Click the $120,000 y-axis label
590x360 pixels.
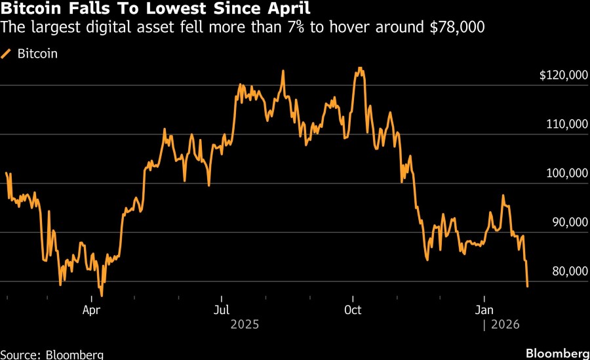[563, 75]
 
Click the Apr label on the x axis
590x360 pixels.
[91, 309]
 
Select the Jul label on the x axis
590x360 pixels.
[222, 309]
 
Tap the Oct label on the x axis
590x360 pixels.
[353, 309]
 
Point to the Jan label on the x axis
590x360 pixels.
[484, 309]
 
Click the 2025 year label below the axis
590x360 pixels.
[245, 324]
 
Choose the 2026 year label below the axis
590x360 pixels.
[504, 324]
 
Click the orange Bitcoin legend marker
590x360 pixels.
[7, 54]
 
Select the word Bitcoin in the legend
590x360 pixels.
[37, 54]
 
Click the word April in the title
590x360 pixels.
[288, 10]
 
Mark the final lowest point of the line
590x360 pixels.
[528, 286]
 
